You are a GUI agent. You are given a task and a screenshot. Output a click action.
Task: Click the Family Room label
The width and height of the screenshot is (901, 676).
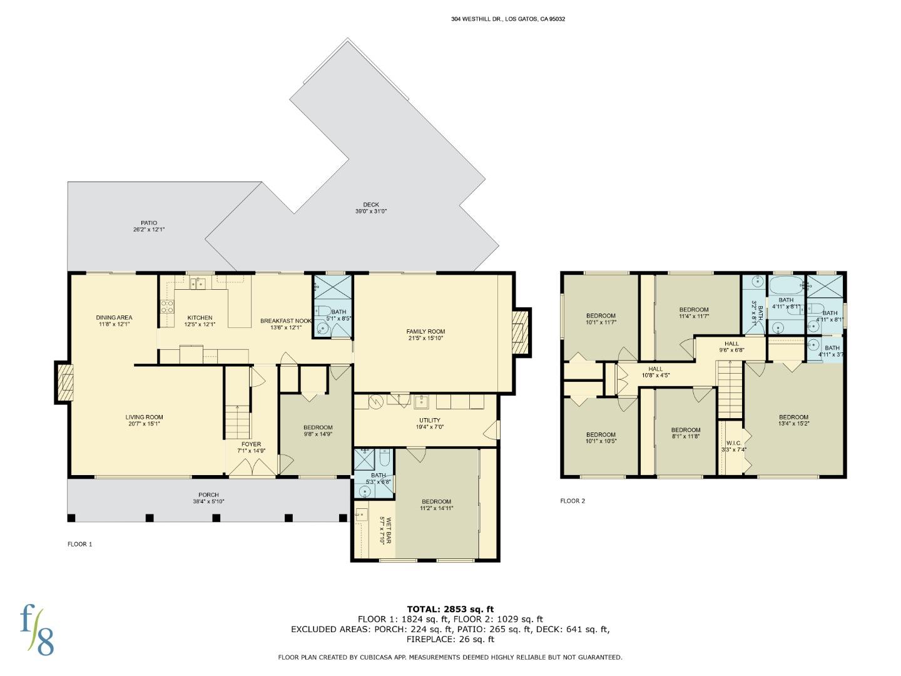tap(425, 335)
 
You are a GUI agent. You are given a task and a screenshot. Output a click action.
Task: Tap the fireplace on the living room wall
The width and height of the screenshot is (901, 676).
tap(64, 382)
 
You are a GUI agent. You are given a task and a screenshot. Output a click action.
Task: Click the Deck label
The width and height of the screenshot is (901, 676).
tap(371, 208)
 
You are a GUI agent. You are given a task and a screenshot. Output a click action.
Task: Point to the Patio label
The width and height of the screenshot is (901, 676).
tap(149, 226)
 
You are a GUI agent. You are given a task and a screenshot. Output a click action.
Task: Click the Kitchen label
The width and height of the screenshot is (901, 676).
tap(200, 320)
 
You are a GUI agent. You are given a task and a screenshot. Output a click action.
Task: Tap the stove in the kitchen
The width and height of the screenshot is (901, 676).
tap(167, 307)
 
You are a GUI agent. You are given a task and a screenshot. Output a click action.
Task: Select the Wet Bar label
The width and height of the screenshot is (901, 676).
tap(385, 530)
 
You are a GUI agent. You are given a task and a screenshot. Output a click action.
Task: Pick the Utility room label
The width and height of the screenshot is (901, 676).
tap(429, 423)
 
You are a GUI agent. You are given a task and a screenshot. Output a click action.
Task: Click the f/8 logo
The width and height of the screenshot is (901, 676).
tap(37, 630)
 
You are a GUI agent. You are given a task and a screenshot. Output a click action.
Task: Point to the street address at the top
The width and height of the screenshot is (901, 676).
tap(508, 19)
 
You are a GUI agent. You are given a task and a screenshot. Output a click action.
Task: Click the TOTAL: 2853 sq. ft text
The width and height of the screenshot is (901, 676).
tap(450, 608)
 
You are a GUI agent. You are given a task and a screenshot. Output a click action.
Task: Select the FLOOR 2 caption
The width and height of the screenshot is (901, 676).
tap(573, 501)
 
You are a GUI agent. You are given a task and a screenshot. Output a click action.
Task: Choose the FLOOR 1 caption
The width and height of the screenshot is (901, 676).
tap(80, 544)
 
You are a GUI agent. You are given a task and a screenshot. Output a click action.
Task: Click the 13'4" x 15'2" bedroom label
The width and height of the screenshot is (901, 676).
tap(793, 421)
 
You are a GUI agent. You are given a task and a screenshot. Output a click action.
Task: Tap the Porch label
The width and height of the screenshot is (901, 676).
tap(208, 498)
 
